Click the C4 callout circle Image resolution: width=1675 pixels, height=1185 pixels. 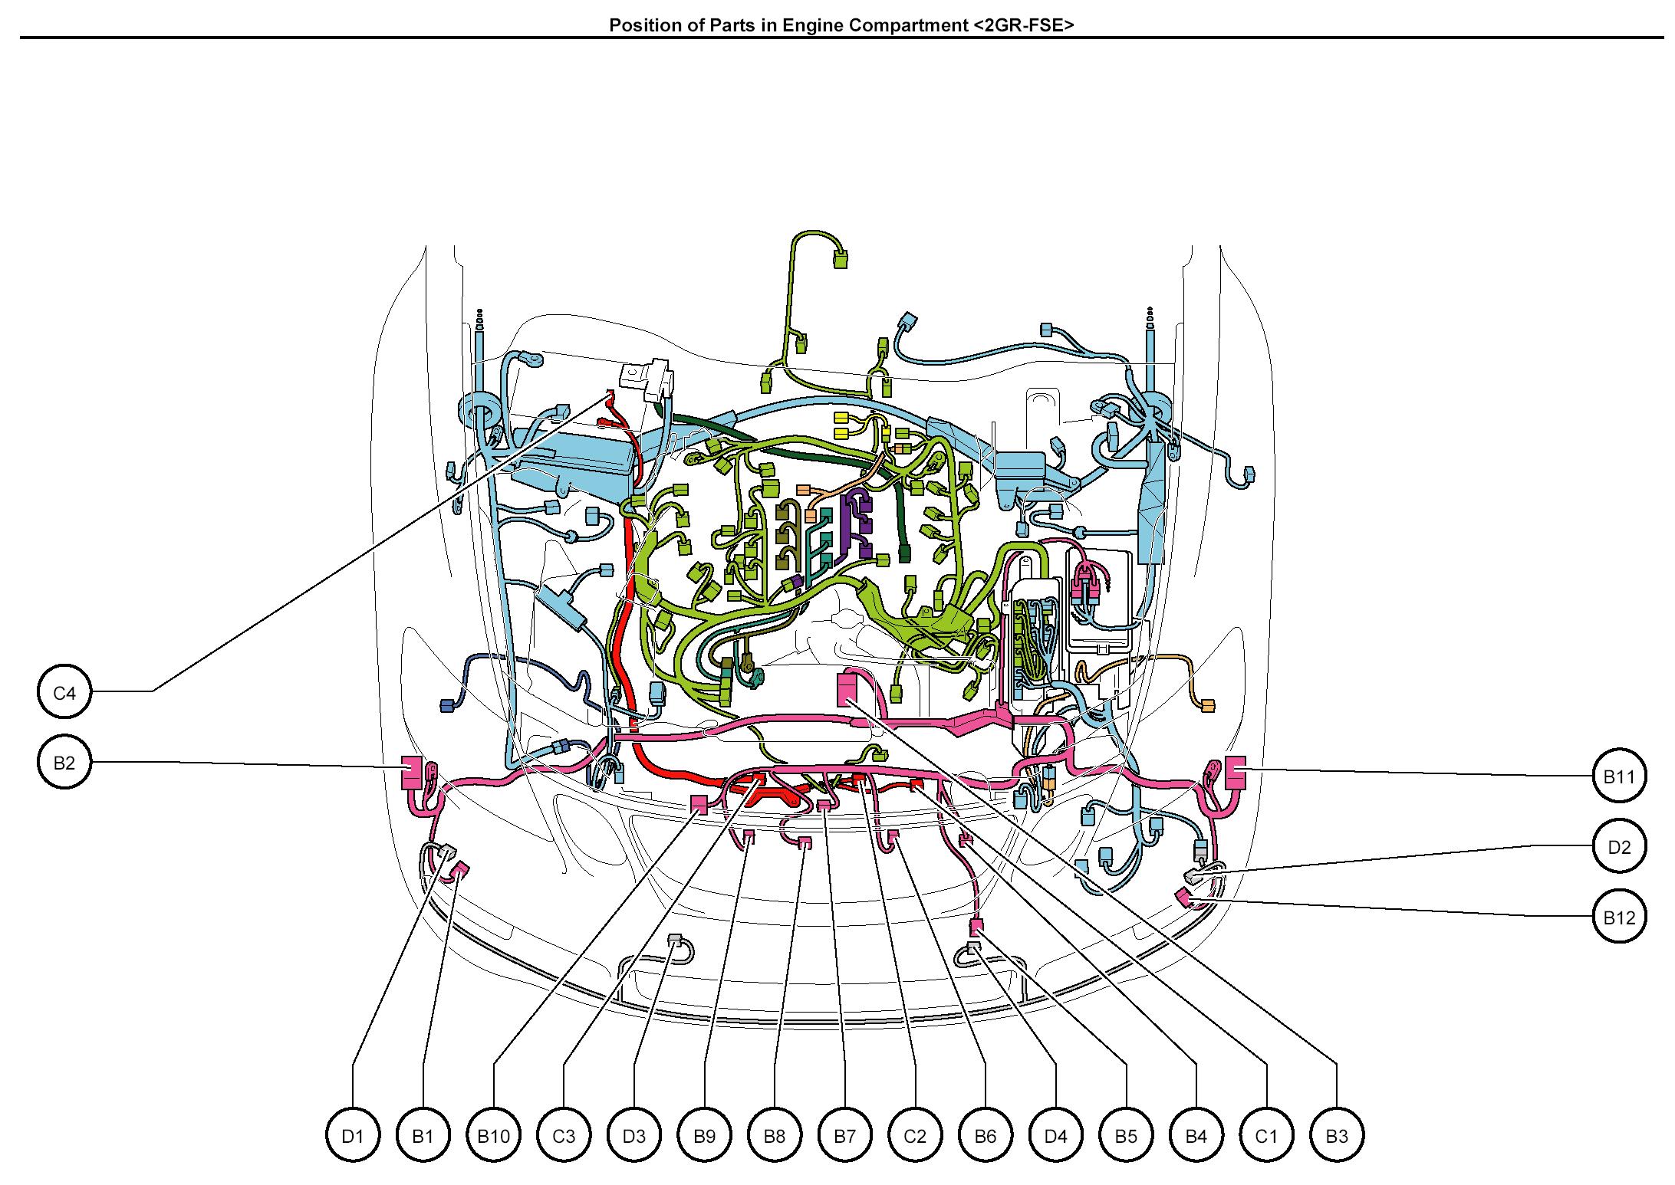(64, 693)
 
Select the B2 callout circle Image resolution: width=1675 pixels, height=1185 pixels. (64, 763)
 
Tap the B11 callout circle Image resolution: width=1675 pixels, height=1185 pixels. (1619, 776)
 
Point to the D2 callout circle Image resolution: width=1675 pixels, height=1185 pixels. (1619, 847)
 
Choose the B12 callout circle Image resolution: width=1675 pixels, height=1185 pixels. (1619, 917)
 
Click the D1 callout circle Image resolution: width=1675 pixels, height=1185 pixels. (352, 1136)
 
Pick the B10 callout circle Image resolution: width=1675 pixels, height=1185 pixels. (493, 1136)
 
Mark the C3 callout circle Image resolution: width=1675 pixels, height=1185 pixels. (564, 1136)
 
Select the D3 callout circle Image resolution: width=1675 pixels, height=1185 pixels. (634, 1136)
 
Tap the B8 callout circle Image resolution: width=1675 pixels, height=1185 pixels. (775, 1136)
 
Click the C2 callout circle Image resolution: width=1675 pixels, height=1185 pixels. (915, 1136)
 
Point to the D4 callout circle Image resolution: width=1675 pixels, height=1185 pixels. (1056, 1136)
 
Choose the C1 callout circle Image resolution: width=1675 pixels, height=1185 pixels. (1266, 1136)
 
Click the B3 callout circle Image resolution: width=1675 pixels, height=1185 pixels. (1337, 1136)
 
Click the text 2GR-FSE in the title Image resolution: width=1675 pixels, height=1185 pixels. (1023, 25)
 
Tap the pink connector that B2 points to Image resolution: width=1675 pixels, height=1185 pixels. (411, 772)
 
